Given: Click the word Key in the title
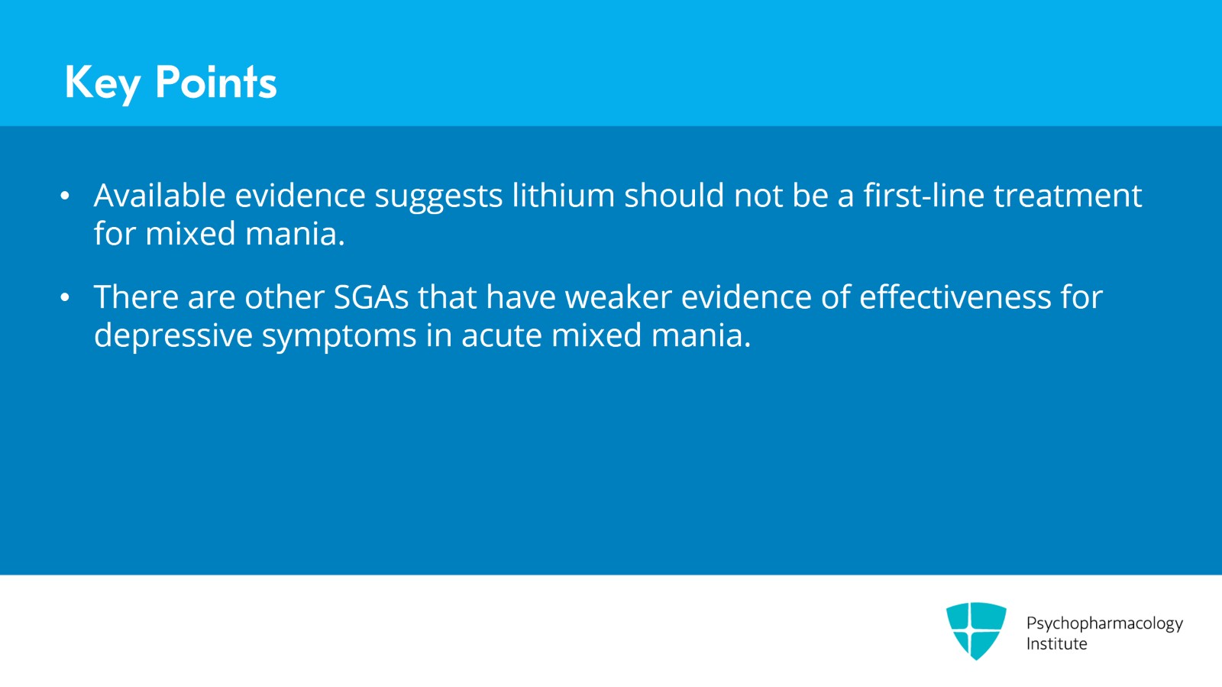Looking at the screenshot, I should click(102, 83).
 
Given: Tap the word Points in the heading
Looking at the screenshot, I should click(215, 82).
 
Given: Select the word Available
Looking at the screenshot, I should click(160, 196).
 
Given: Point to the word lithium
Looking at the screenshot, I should click(563, 196).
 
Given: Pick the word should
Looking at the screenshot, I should click(674, 196).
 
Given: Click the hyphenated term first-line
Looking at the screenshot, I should click(923, 196).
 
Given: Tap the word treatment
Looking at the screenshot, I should click(1067, 196).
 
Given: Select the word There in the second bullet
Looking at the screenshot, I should click(136, 297).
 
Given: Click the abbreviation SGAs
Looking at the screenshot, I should click(371, 297).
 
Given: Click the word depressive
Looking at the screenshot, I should click(173, 335).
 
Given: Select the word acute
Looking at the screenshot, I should click(501, 335).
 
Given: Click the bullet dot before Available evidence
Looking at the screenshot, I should click(65, 196).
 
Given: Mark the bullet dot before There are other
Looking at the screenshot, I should click(65, 298).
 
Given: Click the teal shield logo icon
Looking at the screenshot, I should click(976, 630).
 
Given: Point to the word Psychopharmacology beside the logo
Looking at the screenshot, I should click(1104, 624).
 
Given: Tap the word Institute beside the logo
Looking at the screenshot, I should click(1056, 644).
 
